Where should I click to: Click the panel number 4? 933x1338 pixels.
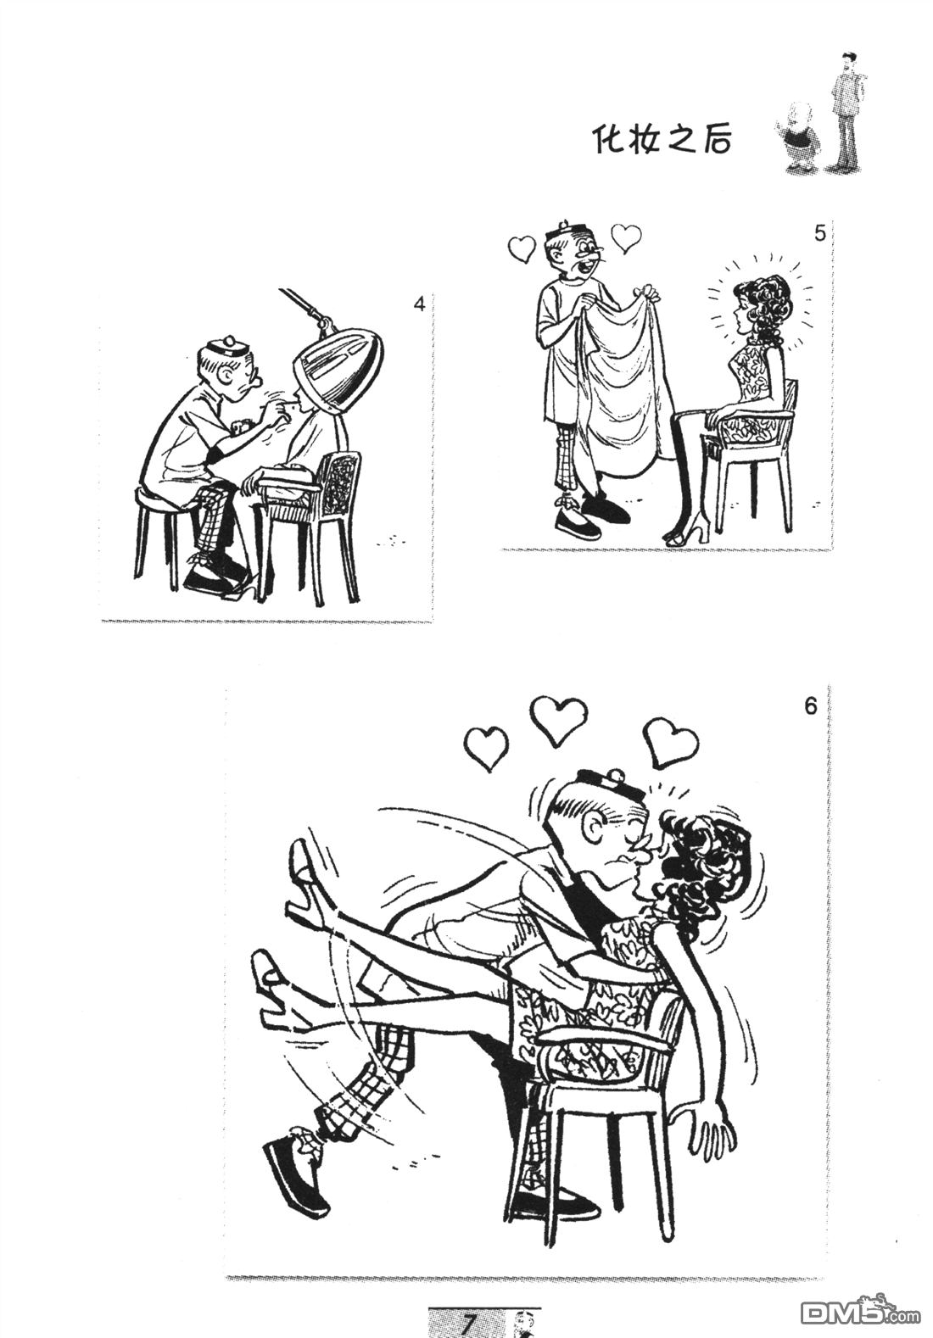click(419, 303)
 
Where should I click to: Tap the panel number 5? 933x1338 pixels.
click(819, 233)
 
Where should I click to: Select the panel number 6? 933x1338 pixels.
click(810, 705)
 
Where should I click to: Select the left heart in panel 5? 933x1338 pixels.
click(519, 248)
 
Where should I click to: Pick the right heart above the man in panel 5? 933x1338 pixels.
click(627, 237)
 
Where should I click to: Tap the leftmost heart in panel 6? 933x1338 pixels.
click(487, 747)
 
